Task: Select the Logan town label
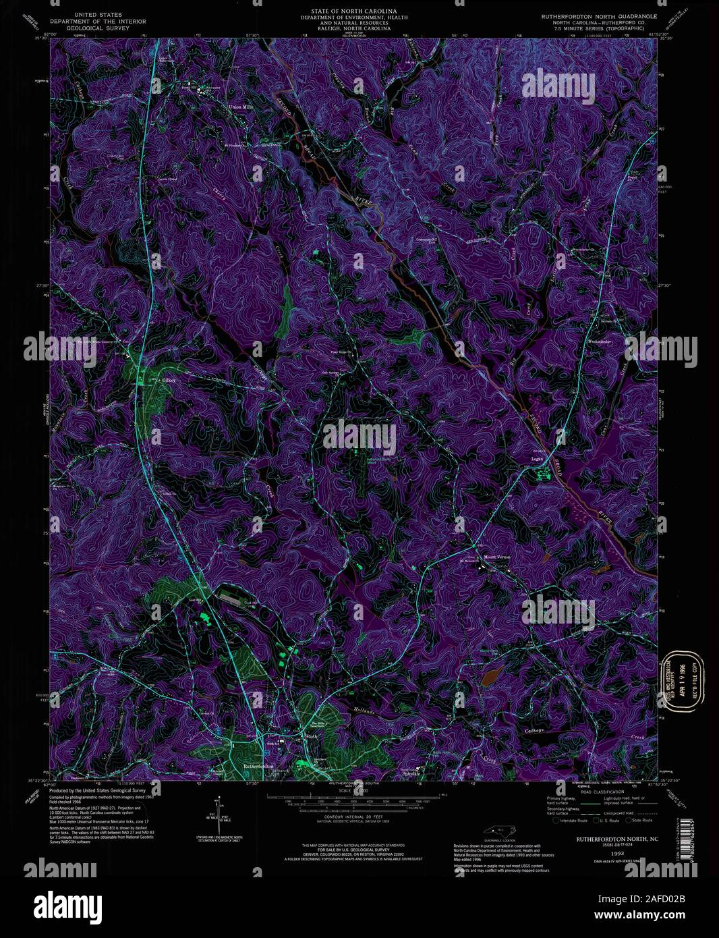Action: [537, 459]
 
